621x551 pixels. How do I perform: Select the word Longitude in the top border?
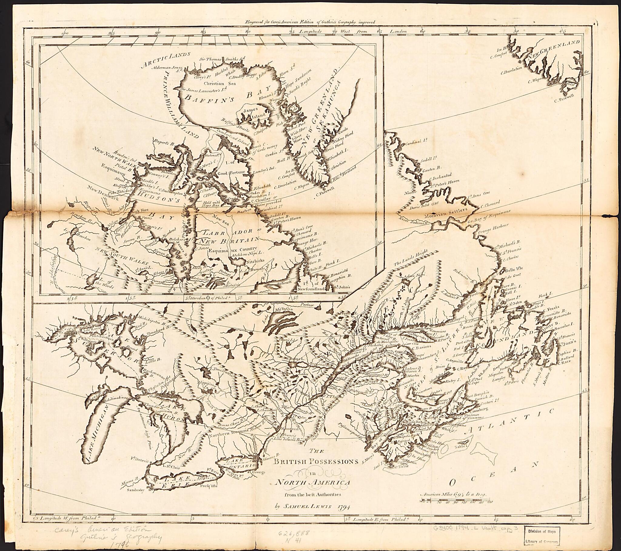pyautogui.click(x=310, y=31)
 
